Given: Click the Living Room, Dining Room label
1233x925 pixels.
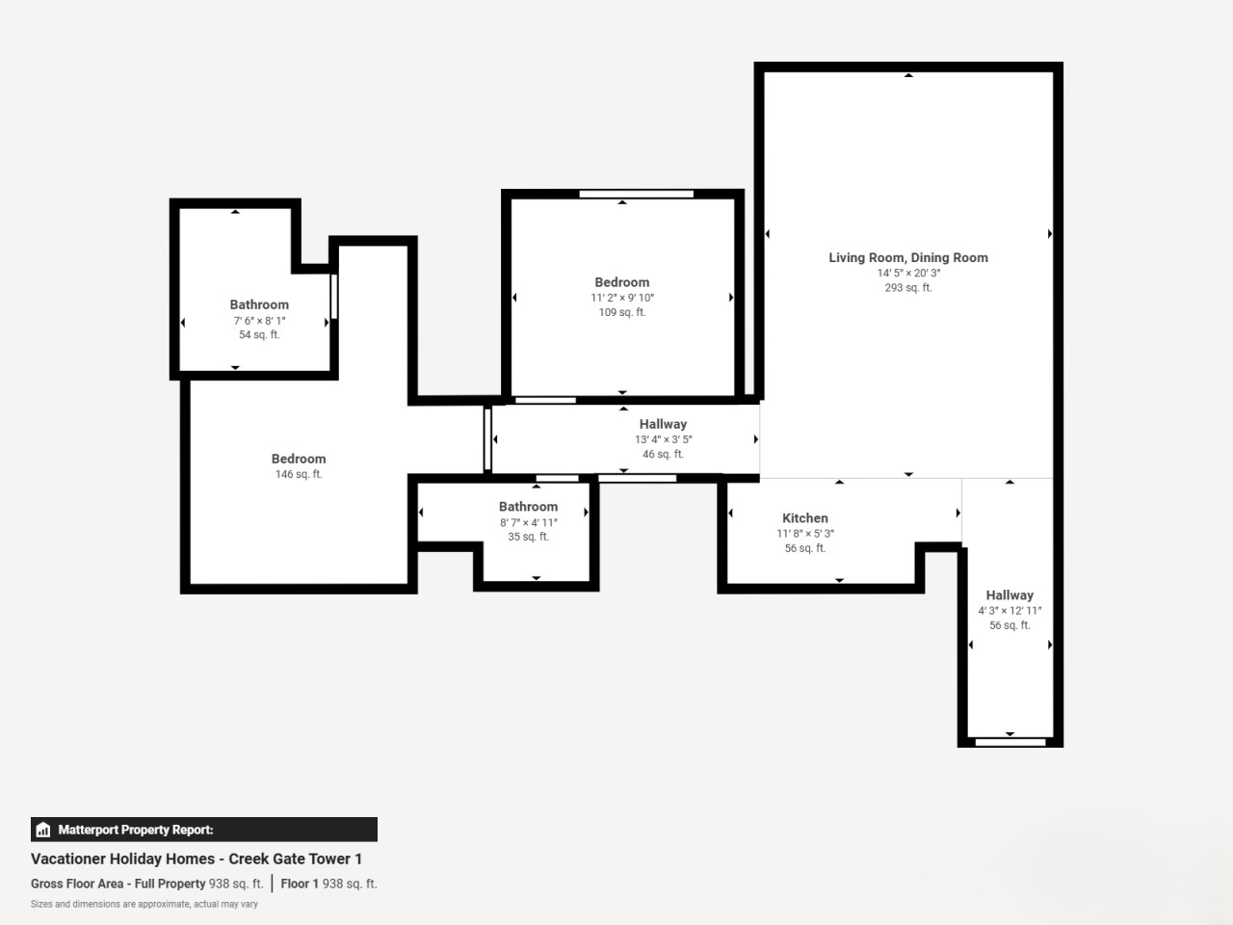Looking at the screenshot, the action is pyautogui.click(x=907, y=258).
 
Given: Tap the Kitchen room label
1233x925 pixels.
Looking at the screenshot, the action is pyautogui.click(x=805, y=517).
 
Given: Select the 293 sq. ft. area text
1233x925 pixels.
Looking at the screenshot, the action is pyautogui.click(x=907, y=287).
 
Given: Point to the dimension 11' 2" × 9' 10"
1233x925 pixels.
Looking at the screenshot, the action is pyautogui.click(x=622, y=298).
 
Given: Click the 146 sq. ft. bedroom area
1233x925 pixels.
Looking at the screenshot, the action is pyautogui.click(x=299, y=474).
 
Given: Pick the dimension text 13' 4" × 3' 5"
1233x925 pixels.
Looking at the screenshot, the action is pyautogui.click(x=664, y=439).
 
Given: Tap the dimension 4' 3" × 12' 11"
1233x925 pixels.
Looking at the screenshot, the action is pyautogui.click(x=1010, y=611).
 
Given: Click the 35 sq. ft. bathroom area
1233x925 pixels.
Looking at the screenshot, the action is pyautogui.click(x=528, y=537).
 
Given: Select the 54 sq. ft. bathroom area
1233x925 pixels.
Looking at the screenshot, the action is pyautogui.click(x=259, y=334).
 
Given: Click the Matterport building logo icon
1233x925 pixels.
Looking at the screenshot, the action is pyautogui.click(x=43, y=830).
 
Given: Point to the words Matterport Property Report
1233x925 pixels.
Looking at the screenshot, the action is pyautogui.click(x=136, y=830).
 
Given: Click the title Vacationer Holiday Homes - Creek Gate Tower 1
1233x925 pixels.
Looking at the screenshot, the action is pyautogui.click(x=197, y=859).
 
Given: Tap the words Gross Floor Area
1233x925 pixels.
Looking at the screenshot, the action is pyautogui.click(x=76, y=884).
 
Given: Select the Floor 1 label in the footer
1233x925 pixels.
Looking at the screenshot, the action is pyautogui.click(x=300, y=884).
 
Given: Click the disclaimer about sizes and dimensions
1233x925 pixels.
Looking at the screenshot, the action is pyautogui.click(x=144, y=904).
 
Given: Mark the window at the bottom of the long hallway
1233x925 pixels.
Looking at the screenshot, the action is pyautogui.click(x=1010, y=743).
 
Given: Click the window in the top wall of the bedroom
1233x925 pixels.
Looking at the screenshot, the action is pyautogui.click(x=636, y=194).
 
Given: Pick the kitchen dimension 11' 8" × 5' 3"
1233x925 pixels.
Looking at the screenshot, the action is pyautogui.click(x=805, y=534).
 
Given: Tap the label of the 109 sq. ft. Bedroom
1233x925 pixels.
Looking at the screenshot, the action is pyautogui.click(x=622, y=282).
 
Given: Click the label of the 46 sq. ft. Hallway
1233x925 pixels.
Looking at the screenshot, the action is pyautogui.click(x=663, y=424).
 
